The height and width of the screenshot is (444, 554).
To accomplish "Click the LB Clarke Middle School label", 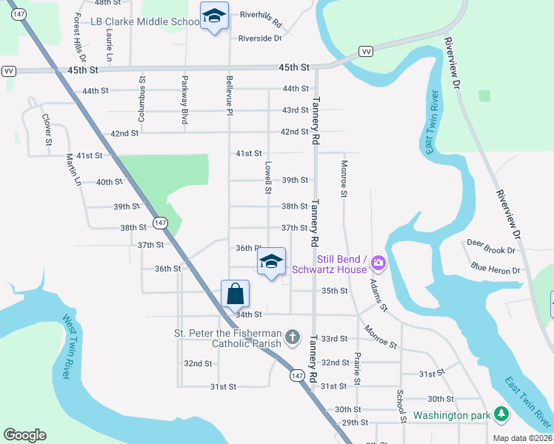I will pyautogui.click(x=144, y=22).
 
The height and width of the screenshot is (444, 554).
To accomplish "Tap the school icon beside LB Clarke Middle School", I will pyautogui.click(x=214, y=16).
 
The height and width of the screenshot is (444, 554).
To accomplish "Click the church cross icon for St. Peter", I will pyautogui.click(x=293, y=337).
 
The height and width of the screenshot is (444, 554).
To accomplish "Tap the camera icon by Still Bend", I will pyautogui.click(x=378, y=262).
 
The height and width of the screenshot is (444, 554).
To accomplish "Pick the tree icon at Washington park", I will pyautogui.click(x=501, y=414).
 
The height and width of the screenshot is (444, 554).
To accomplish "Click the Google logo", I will pyautogui.click(x=24, y=435).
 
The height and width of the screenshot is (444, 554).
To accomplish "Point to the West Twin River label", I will pyautogui.click(x=67, y=347).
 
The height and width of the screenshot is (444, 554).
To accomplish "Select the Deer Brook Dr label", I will pyautogui.click(x=490, y=243).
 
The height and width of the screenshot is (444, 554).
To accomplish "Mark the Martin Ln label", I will pyautogui.click(x=73, y=169).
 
